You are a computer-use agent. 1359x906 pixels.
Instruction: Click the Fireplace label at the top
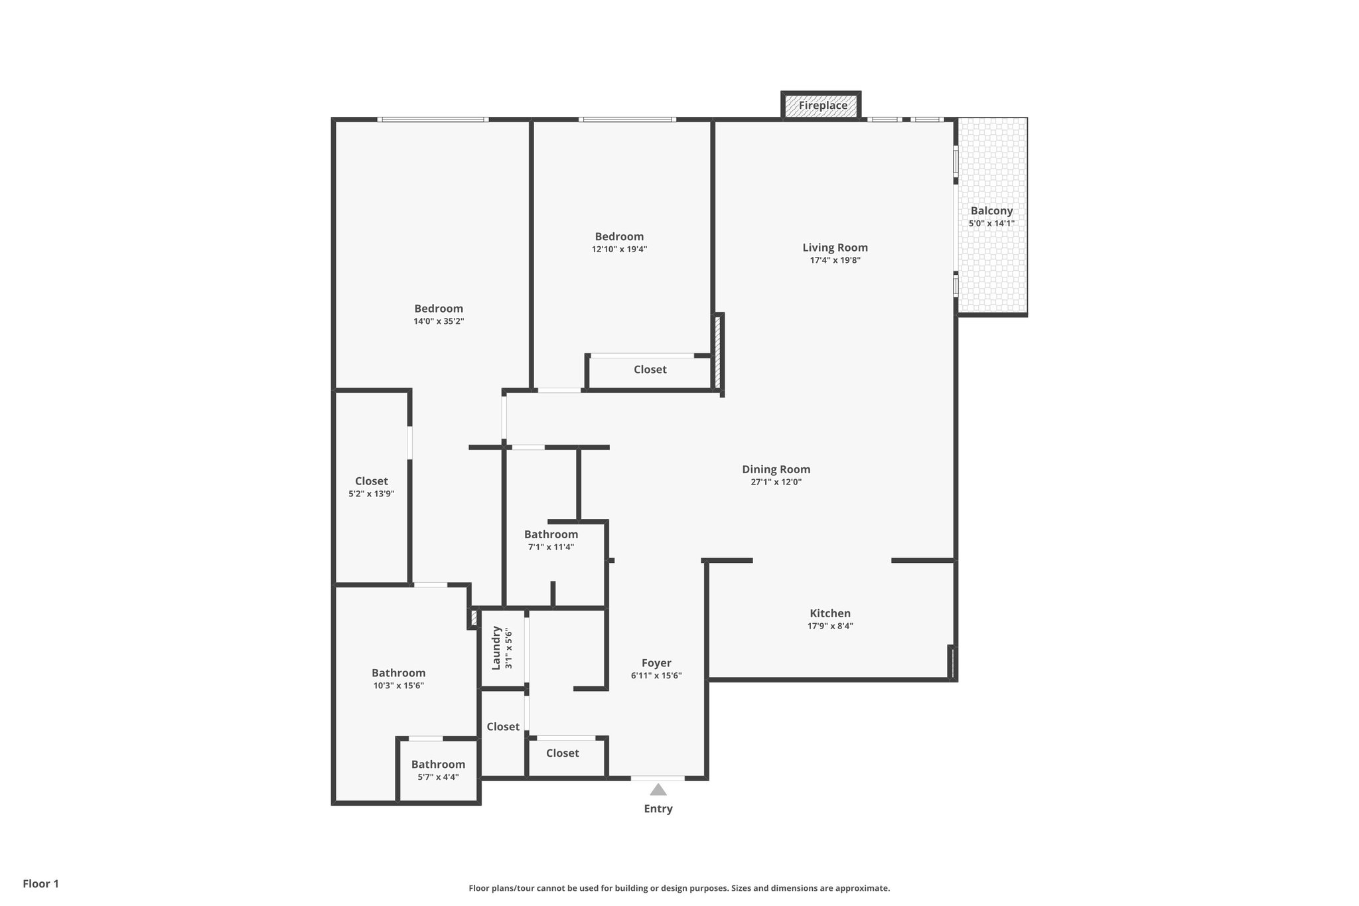[x=822, y=106]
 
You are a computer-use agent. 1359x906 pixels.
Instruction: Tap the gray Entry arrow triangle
[x=658, y=790]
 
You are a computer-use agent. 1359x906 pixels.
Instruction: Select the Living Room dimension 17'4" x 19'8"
[x=835, y=260]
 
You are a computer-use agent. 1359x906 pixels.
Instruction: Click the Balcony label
[x=991, y=211]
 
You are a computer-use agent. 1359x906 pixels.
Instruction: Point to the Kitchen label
[x=829, y=613]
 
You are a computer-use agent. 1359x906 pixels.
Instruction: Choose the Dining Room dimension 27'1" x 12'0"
[x=776, y=483]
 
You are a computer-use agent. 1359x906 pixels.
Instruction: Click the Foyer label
[x=656, y=663]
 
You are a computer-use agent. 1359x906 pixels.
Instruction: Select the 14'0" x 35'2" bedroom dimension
[x=438, y=321]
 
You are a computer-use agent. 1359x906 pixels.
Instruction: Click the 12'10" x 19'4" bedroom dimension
[x=619, y=250]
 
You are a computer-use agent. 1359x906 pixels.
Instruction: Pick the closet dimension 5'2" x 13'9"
[x=371, y=494]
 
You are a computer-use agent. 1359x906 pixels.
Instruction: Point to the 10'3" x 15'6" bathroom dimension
[x=398, y=686]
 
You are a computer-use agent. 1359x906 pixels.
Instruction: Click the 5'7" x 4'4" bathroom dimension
[x=438, y=777]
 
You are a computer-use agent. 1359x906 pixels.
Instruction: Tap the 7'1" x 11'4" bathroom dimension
[x=551, y=547]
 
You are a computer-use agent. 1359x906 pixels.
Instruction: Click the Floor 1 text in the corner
[x=40, y=883]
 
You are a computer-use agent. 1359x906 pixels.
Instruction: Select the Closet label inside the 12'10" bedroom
[x=650, y=370]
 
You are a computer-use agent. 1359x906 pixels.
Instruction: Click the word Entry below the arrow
[x=658, y=808]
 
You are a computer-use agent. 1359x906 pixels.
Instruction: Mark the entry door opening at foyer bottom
[x=658, y=778]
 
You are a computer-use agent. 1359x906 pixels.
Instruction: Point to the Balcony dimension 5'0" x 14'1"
[x=991, y=224]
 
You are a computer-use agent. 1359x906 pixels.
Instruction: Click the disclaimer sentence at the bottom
[x=679, y=888]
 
